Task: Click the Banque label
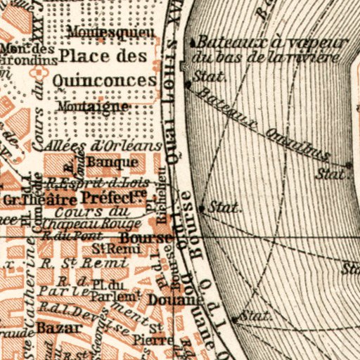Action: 118,163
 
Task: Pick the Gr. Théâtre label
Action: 29,199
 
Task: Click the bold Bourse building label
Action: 145,238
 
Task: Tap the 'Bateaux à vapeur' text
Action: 271,43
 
